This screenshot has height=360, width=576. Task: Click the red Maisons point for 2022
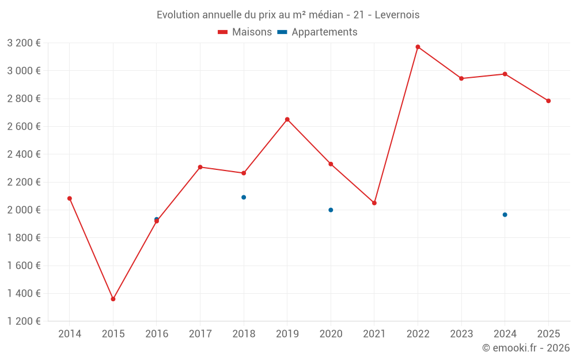coord(418,47)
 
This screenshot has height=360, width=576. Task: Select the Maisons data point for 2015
coord(113,299)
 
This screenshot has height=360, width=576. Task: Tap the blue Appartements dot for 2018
coord(244,197)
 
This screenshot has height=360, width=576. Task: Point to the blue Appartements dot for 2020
coord(331,210)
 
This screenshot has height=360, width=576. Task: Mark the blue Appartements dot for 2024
coord(505,214)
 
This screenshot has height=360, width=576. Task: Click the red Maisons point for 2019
coord(287,119)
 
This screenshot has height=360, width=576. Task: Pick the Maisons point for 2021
coord(374,203)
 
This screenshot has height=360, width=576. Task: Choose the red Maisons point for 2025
coord(548,101)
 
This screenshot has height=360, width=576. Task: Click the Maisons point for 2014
coord(70,198)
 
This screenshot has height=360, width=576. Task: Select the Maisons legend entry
coord(245,32)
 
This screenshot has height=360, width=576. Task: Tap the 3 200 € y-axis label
coord(24,43)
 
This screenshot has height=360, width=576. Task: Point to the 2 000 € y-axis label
coord(24,210)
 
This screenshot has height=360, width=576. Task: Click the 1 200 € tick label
coord(24,321)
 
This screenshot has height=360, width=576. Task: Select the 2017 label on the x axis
coord(200,334)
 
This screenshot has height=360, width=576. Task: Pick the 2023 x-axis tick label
coord(461,334)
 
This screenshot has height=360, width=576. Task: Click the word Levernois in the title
coord(397,14)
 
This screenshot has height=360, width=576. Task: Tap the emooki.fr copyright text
coord(525,348)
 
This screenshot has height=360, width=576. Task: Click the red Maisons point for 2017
coord(200,167)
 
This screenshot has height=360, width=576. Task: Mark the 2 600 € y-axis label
coord(24,126)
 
